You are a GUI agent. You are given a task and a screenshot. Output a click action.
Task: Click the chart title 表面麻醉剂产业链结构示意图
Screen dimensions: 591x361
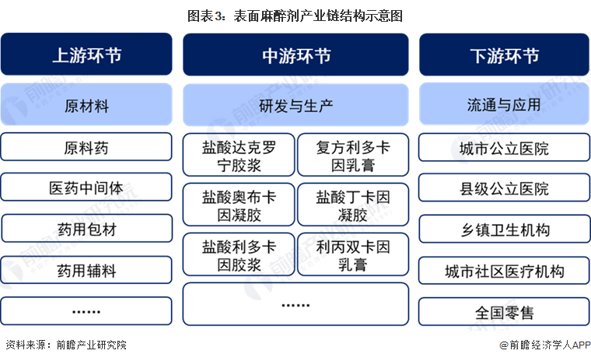coord(295,16)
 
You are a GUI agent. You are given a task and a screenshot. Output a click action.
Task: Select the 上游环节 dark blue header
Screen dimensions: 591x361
coord(86,54)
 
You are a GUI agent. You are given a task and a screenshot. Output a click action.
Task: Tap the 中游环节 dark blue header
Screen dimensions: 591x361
coord(295,54)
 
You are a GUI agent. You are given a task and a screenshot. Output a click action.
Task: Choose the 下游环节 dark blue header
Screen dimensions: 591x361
coord(505,54)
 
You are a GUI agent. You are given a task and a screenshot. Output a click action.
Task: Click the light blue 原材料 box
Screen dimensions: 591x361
coord(86,104)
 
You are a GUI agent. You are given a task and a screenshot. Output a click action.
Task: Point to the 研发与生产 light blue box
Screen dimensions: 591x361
coord(295,105)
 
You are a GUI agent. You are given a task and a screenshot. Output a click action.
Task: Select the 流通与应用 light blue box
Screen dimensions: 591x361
coord(505,104)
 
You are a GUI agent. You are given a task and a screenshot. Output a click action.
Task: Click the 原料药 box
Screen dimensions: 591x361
coord(86,147)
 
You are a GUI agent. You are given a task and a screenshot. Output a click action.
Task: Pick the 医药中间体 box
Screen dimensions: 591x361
coord(86,187)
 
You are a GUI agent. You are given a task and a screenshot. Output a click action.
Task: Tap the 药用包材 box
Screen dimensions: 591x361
coord(86,228)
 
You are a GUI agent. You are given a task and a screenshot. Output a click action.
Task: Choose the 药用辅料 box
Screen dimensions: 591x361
coord(86,270)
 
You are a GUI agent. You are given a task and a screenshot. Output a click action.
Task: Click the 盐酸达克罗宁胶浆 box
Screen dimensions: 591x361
coord(239,155)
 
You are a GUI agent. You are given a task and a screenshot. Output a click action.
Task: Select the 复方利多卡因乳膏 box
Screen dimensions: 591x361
coord(353,155)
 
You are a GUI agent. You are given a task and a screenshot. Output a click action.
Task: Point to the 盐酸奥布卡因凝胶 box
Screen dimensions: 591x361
coord(239,205)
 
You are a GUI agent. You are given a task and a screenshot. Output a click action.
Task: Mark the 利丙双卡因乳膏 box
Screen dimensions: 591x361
coord(353,254)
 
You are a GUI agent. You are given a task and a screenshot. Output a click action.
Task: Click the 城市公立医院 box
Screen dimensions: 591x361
coord(505,147)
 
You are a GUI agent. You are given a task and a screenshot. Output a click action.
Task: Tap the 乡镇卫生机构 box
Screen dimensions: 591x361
coord(505,229)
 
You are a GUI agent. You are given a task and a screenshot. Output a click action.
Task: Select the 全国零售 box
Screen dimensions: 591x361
coord(505,311)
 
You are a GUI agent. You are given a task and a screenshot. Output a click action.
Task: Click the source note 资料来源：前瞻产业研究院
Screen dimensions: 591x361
coord(66,345)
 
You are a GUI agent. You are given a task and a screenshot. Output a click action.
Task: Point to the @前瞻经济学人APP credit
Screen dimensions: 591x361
coord(545,345)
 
